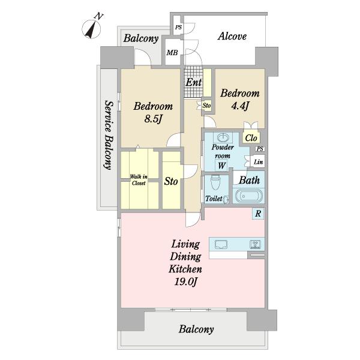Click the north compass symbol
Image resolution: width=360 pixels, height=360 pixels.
(x=92, y=28)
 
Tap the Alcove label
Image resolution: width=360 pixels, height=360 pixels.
(x=232, y=36)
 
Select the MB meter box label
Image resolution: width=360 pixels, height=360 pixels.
(x=172, y=53)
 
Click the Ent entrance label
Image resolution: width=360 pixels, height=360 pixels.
(x=194, y=82)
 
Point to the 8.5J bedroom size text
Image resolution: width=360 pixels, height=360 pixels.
(x=153, y=119)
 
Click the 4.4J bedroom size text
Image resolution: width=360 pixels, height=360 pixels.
(x=240, y=106)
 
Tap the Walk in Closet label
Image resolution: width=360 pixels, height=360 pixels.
(x=139, y=180)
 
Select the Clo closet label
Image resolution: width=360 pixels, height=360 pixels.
(x=251, y=138)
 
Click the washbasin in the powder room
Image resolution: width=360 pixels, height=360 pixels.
(x=223, y=138)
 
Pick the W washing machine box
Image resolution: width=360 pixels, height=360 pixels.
(x=221, y=166)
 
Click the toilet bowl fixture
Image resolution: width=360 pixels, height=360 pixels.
(x=215, y=182)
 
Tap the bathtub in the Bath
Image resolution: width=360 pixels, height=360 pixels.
(x=248, y=196)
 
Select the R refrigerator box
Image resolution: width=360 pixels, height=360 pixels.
(x=258, y=214)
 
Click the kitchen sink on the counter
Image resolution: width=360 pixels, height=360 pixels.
(x=221, y=244)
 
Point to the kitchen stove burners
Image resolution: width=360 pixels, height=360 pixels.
(x=255, y=244)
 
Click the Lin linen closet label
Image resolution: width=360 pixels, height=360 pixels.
(x=258, y=162)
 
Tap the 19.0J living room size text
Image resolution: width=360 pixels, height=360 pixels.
(x=185, y=281)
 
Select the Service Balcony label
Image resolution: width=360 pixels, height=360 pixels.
(x=109, y=135)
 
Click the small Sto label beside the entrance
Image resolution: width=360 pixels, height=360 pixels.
(x=206, y=106)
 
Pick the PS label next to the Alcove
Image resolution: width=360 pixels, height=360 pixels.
(x=178, y=28)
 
